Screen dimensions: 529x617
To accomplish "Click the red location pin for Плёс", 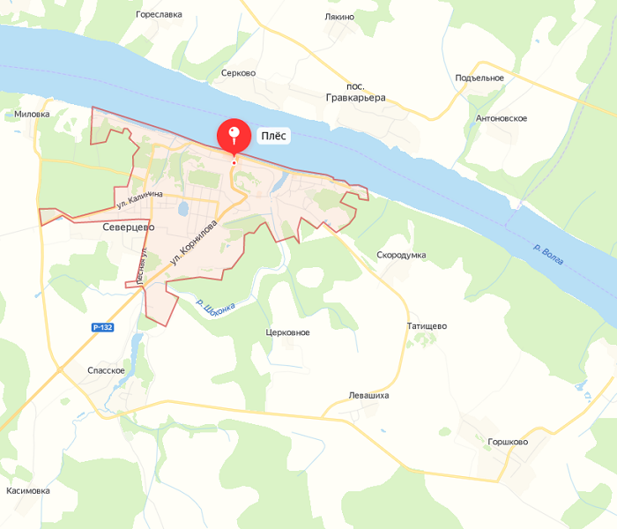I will (x=234, y=136).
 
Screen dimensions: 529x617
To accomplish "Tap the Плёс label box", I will (x=272, y=137).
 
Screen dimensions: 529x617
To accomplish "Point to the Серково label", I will (x=239, y=73).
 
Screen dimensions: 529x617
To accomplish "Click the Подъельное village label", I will (x=479, y=78).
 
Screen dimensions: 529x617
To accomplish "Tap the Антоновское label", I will (x=502, y=118).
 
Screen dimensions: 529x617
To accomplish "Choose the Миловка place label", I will (x=33, y=115).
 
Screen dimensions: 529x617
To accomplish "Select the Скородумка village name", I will (x=401, y=255).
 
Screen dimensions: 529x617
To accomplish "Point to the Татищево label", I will (x=427, y=325).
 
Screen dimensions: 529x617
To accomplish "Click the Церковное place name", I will (x=287, y=332).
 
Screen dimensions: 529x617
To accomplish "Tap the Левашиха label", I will (x=368, y=395).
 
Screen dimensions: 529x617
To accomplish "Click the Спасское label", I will (x=106, y=370).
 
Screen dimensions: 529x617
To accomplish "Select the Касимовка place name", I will (x=28, y=490).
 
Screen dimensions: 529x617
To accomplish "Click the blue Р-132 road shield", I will (x=103, y=327).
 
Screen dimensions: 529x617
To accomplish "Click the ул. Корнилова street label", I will (x=193, y=244).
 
